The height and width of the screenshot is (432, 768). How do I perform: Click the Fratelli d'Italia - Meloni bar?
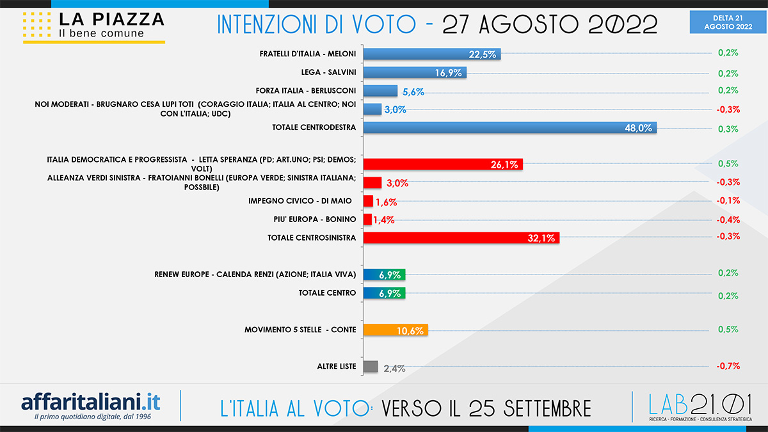[x=431, y=53]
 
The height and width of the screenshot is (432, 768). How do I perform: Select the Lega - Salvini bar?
[x=414, y=72]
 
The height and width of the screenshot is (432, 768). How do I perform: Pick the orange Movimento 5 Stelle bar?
[x=395, y=330]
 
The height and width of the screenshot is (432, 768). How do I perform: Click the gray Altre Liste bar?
[x=370, y=367]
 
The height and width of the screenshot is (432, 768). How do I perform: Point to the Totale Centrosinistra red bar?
[x=461, y=237]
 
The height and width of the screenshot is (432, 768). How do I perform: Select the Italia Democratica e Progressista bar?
[x=443, y=164]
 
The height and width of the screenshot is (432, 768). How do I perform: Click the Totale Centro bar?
[x=384, y=293]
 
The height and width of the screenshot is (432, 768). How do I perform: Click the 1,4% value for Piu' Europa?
[x=384, y=220]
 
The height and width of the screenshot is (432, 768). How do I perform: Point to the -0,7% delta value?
[x=728, y=366]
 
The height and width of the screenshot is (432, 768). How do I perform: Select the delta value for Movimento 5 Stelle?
[x=728, y=330]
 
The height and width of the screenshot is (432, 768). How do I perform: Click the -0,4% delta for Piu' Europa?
[x=728, y=220]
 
